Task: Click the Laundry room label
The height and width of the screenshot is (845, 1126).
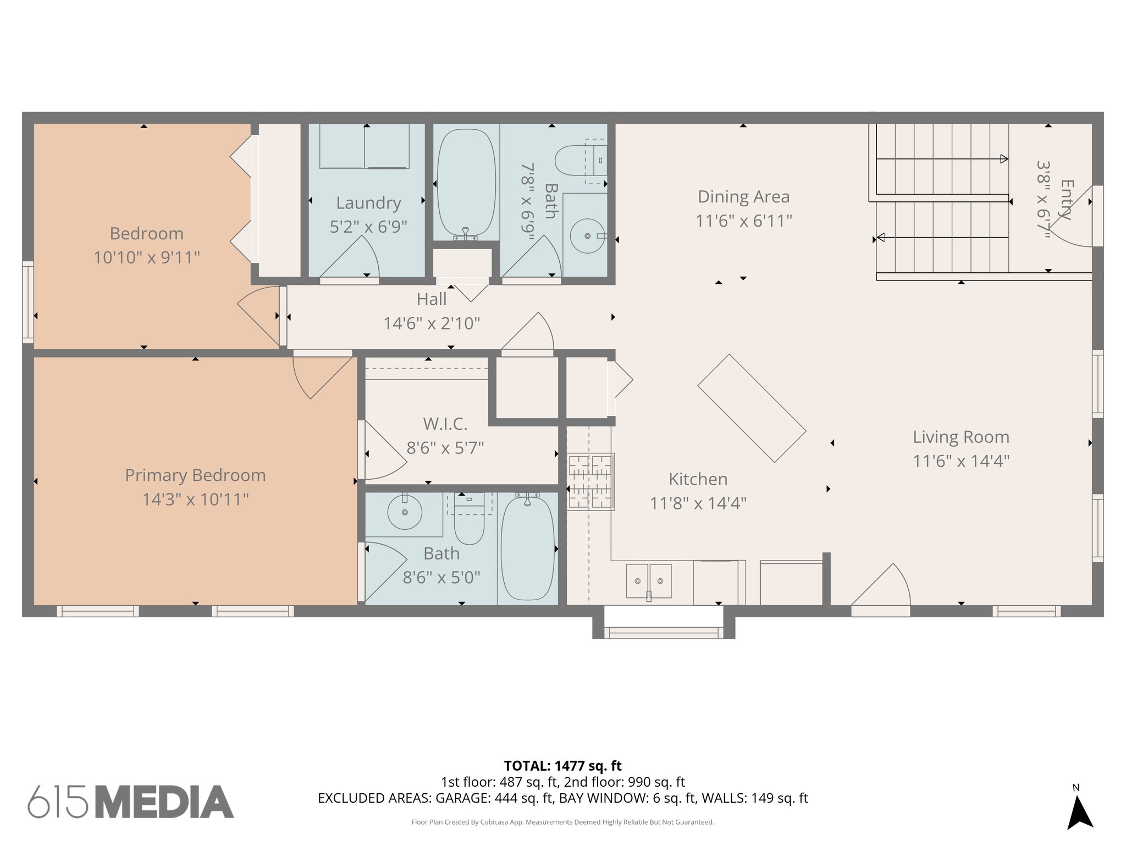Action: coord(368,203)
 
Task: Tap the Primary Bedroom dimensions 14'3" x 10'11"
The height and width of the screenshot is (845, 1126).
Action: coord(195,500)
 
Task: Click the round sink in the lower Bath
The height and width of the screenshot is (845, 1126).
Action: coord(405,512)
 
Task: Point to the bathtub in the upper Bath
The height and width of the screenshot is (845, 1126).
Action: coord(466,183)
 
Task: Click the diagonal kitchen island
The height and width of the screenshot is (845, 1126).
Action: coord(752,408)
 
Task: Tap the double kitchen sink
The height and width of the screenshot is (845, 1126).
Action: coord(649,581)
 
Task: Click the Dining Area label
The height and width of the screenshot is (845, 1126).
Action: coord(743,197)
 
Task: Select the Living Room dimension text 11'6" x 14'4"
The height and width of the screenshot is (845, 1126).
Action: coord(961,461)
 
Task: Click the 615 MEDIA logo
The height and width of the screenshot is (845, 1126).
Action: coord(131,802)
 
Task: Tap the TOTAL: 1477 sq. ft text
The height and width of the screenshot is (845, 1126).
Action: coord(562,766)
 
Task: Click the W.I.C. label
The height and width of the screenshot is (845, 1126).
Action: coord(445,424)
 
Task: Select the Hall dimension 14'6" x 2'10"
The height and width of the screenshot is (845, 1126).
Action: coord(432,323)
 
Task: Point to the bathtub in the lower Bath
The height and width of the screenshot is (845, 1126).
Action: coord(527,548)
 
